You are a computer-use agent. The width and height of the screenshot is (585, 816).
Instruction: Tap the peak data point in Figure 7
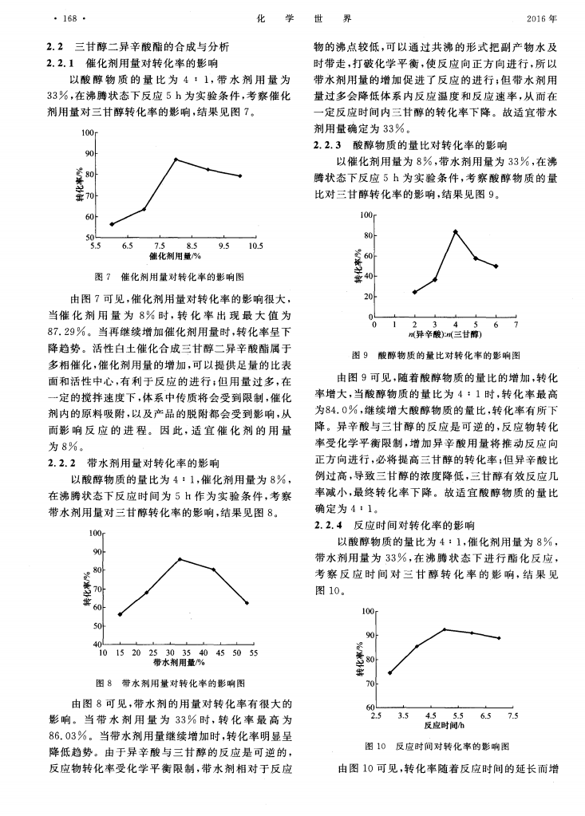point(176,160)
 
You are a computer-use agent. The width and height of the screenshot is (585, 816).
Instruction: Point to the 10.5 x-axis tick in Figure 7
point(255,246)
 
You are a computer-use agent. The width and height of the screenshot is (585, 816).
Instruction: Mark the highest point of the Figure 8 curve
point(180,559)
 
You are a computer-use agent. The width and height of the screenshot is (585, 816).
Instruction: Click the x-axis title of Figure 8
point(176,663)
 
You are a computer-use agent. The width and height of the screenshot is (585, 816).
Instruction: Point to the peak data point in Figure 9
point(455,231)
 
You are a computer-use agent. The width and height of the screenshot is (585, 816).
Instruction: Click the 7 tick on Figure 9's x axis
point(516,325)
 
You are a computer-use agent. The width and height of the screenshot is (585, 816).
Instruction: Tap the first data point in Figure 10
point(389,672)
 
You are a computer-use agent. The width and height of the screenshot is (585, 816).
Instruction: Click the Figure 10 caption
point(436,746)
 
